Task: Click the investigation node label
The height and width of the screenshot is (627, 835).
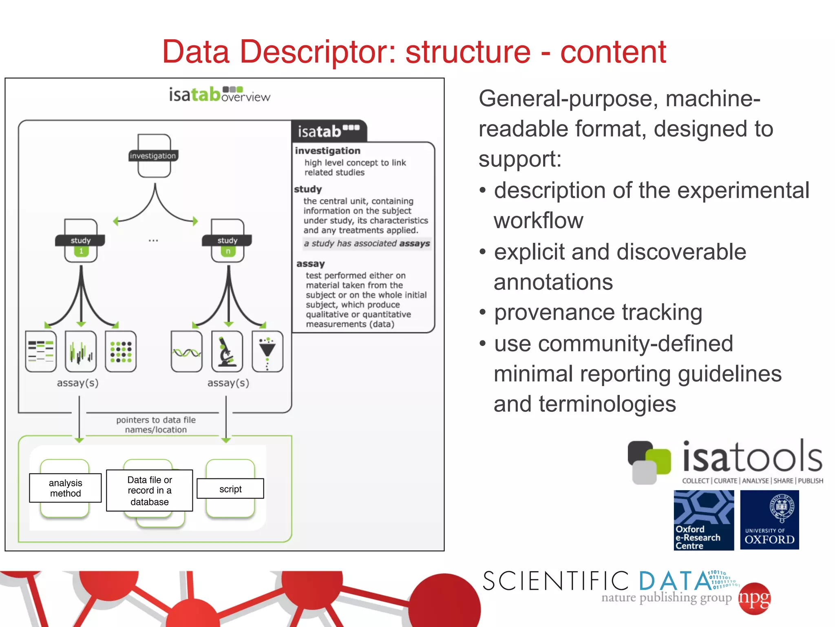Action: (153, 156)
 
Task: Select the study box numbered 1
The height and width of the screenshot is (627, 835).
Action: (81, 241)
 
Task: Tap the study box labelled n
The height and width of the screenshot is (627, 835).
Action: (228, 241)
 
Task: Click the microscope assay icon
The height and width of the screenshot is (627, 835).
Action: (227, 351)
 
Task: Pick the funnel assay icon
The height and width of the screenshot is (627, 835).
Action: (267, 351)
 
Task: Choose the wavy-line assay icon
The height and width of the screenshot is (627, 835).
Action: (187, 351)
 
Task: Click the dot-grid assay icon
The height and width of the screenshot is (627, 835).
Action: (121, 351)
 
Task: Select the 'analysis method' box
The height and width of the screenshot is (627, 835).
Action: (65, 488)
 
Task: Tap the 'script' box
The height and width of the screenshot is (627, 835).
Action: (230, 489)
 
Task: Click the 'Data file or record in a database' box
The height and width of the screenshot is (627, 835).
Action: (149, 490)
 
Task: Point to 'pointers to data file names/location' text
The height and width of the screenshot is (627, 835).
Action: (156, 425)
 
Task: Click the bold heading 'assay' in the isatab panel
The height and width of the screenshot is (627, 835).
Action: (311, 264)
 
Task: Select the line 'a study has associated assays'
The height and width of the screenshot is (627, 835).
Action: (367, 244)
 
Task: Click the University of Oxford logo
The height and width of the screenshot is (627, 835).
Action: (769, 520)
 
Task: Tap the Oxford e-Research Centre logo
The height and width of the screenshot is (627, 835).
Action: (704, 520)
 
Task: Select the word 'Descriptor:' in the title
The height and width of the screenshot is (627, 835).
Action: (318, 52)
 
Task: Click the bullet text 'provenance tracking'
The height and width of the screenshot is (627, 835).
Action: (598, 313)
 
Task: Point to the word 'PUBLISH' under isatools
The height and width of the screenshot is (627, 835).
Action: (810, 481)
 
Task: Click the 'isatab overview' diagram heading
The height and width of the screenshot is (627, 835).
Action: (219, 95)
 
